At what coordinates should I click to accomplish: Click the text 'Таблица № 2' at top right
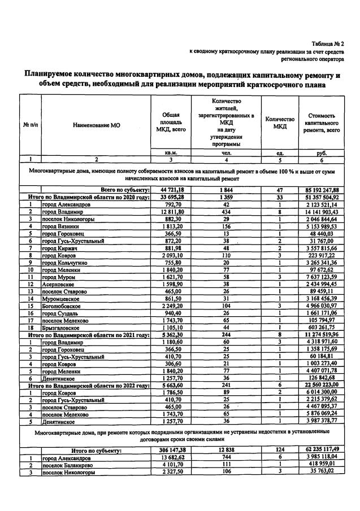click(x=327, y=43)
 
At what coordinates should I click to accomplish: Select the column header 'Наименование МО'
click(x=96, y=125)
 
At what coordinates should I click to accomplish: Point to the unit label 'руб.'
click(x=322, y=153)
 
